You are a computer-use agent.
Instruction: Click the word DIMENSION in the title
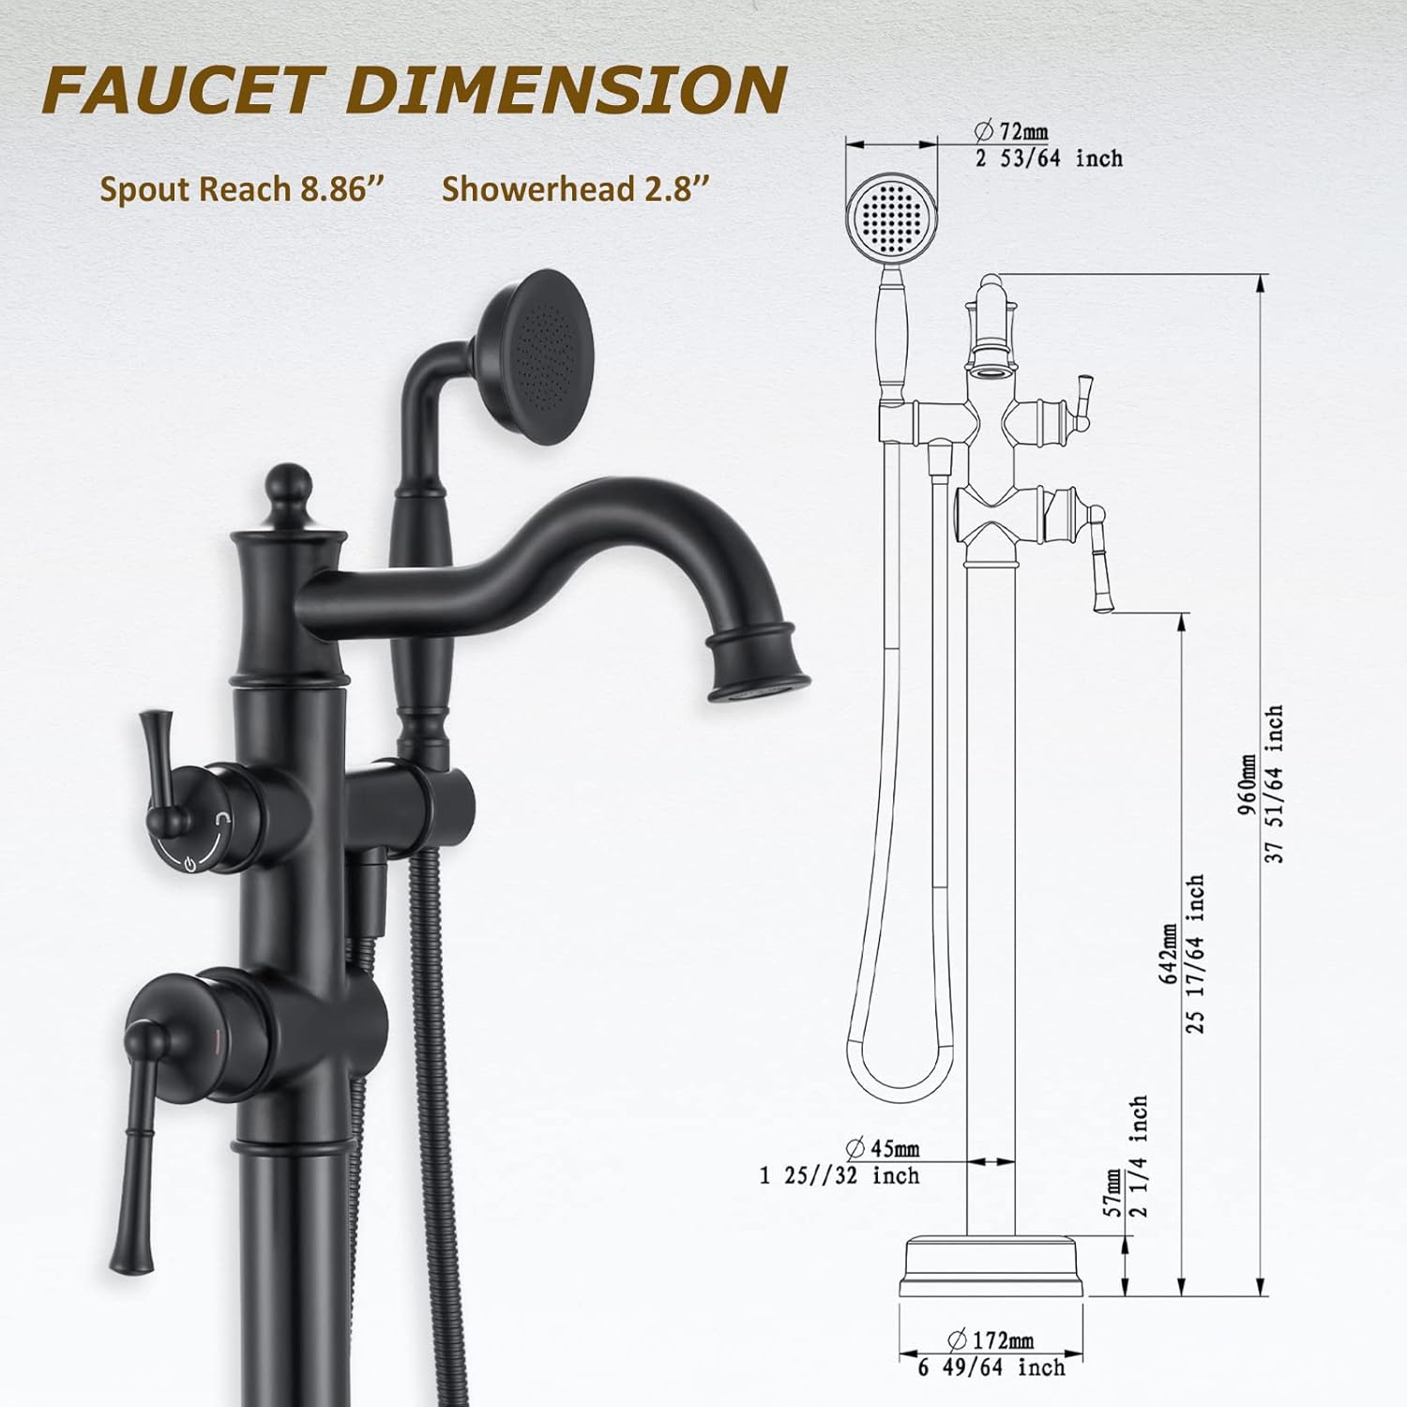[x=566, y=90]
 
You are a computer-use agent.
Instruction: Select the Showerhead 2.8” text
[x=575, y=189]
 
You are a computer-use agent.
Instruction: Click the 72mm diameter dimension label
[x=1012, y=131]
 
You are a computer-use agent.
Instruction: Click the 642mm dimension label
[x=1169, y=952]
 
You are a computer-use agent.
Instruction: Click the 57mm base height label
[x=1113, y=1194]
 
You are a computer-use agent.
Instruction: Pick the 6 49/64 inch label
[x=991, y=1368]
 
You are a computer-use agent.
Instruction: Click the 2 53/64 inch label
[x=1049, y=158]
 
